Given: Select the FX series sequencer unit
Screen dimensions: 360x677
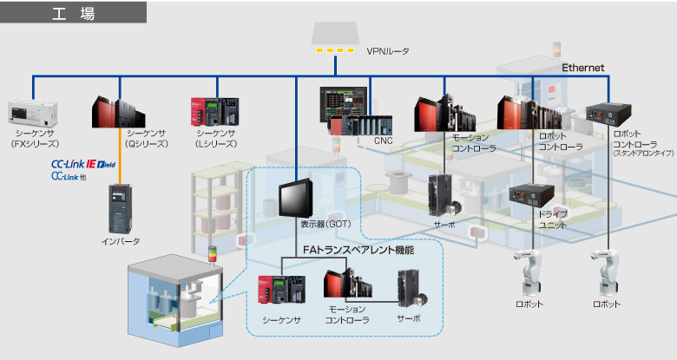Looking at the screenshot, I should point(33,112).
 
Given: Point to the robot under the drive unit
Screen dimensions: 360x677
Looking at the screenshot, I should point(529,272).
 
